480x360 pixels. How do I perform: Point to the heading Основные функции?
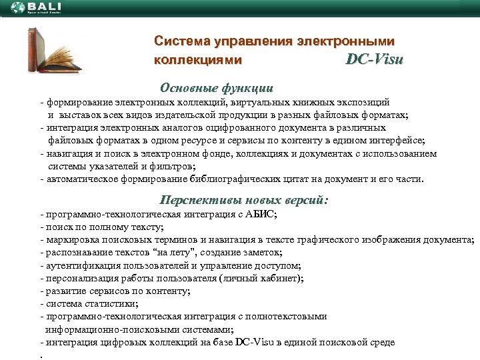(x=217, y=88)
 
